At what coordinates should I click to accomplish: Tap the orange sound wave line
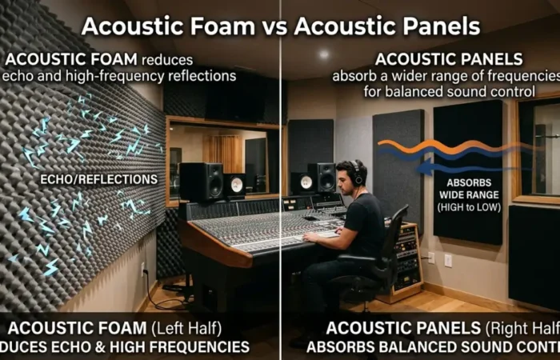point(448,147)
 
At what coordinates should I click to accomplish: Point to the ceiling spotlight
point(323,54)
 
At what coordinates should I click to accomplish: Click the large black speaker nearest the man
point(322,178)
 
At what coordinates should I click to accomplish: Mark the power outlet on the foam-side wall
point(143,268)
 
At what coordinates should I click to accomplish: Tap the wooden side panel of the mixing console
point(205,248)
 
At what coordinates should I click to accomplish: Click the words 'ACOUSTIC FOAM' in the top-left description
point(71,60)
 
